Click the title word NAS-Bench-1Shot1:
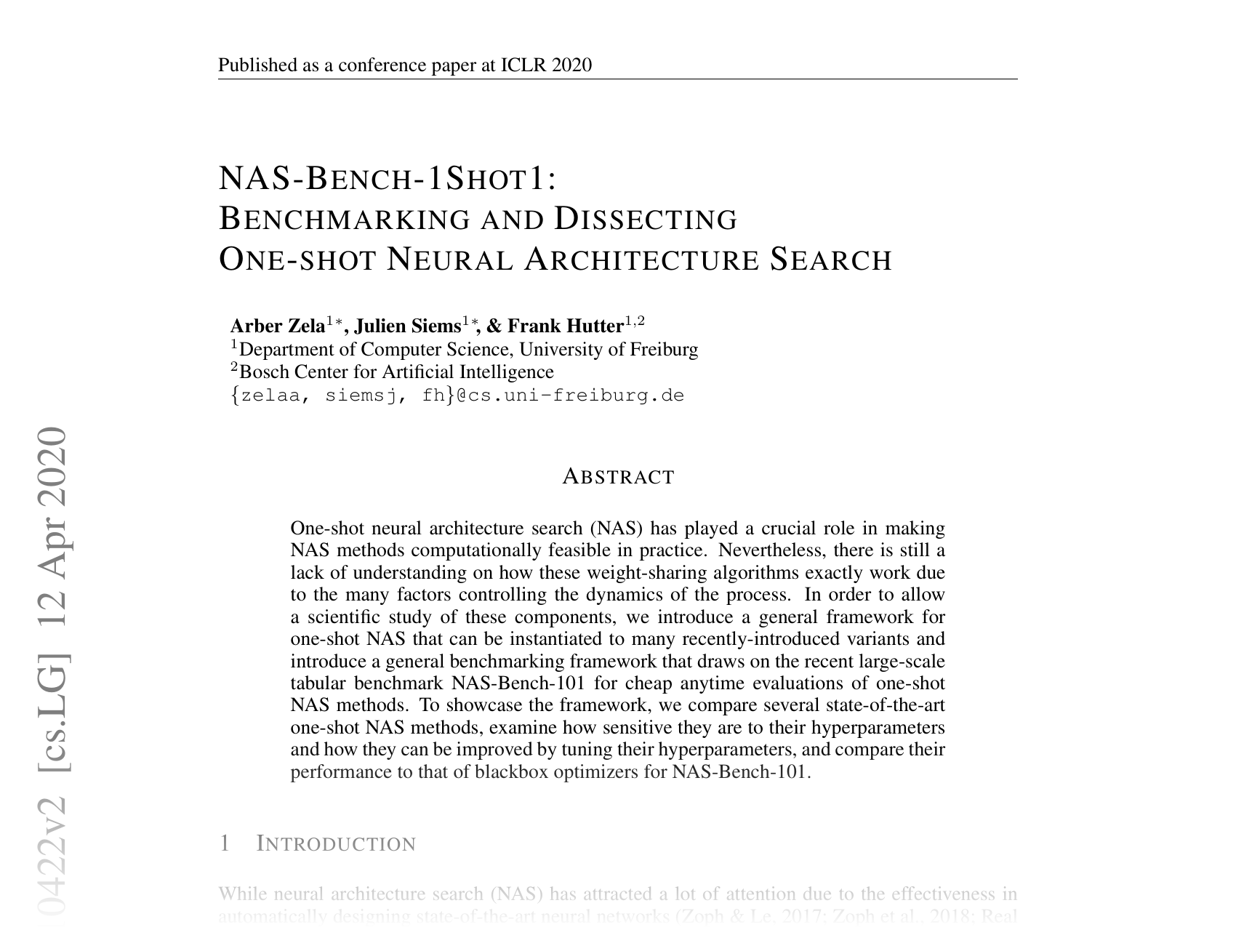tap(388, 179)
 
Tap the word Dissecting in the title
tap(646, 219)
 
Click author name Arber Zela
tap(277, 326)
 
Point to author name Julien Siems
tap(407, 326)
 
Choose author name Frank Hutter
tap(565, 326)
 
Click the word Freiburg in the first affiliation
tap(663, 350)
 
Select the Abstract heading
tap(619, 477)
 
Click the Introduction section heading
tap(337, 844)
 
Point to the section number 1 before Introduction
tap(225, 843)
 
